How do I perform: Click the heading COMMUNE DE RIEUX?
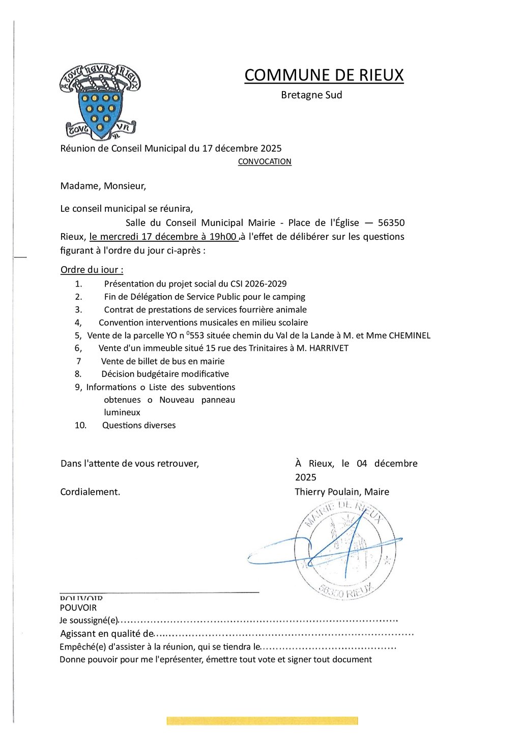(x=324, y=75)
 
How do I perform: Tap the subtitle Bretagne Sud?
(x=311, y=95)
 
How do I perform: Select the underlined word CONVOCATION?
(x=265, y=162)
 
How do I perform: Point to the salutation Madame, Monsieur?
(x=103, y=186)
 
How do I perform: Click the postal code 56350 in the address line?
(x=391, y=223)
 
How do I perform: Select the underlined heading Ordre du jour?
(x=92, y=270)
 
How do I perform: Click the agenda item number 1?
(x=78, y=284)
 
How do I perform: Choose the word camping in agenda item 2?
(x=288, y=297)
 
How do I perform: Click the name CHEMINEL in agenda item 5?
(x=410, y=335)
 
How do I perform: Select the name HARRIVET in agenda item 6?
(x=329, y=348)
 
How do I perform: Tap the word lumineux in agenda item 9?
(x=122, y=412)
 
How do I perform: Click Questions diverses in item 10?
(x=139, y=426)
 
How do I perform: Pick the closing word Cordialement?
(x=90, y=492)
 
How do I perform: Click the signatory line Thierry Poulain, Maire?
(x=342, y=492)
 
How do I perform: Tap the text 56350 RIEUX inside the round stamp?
(x=346, y=591)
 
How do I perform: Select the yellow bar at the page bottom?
(x=262, y=721)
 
